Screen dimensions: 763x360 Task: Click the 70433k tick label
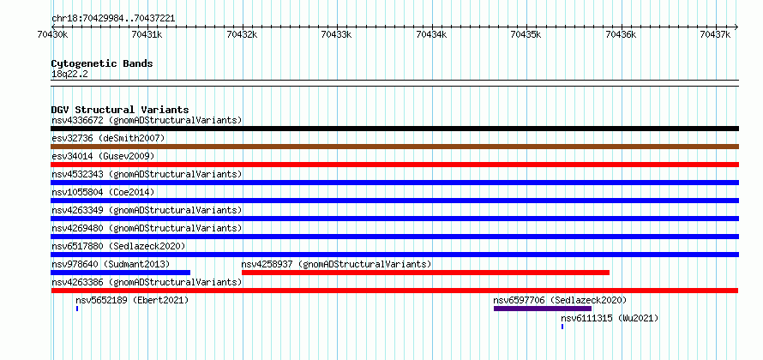pos(337,34)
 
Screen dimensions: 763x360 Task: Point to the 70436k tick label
pos(622,34)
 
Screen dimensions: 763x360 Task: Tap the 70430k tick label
pos(52,34)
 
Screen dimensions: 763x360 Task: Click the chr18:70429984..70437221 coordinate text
pos(113,19)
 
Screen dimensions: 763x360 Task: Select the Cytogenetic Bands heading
pos(102,63)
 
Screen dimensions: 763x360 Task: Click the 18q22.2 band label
pos(69,75)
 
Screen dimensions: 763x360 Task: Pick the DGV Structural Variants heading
pos(120,110)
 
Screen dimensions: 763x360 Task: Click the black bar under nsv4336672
pos(394,129)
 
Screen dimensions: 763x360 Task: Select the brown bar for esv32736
pos(394,147)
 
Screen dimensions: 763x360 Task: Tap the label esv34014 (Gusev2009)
pos(103,156)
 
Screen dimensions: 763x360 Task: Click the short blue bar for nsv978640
pos(121,273)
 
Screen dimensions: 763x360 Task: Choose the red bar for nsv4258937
pos(425,273)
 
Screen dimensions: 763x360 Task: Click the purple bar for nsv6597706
pos(543,309)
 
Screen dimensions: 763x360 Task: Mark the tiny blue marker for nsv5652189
pos(77,309)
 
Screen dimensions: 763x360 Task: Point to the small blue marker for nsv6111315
pos(562,327)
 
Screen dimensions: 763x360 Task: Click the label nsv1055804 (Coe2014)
pos(103,192)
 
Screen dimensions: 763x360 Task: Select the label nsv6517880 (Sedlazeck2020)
pos(118,246)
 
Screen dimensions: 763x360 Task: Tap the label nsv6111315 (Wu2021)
pos(610,318)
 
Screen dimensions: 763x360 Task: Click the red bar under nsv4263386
pos(394,291)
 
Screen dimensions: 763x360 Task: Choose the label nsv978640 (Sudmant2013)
pos(111,264)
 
